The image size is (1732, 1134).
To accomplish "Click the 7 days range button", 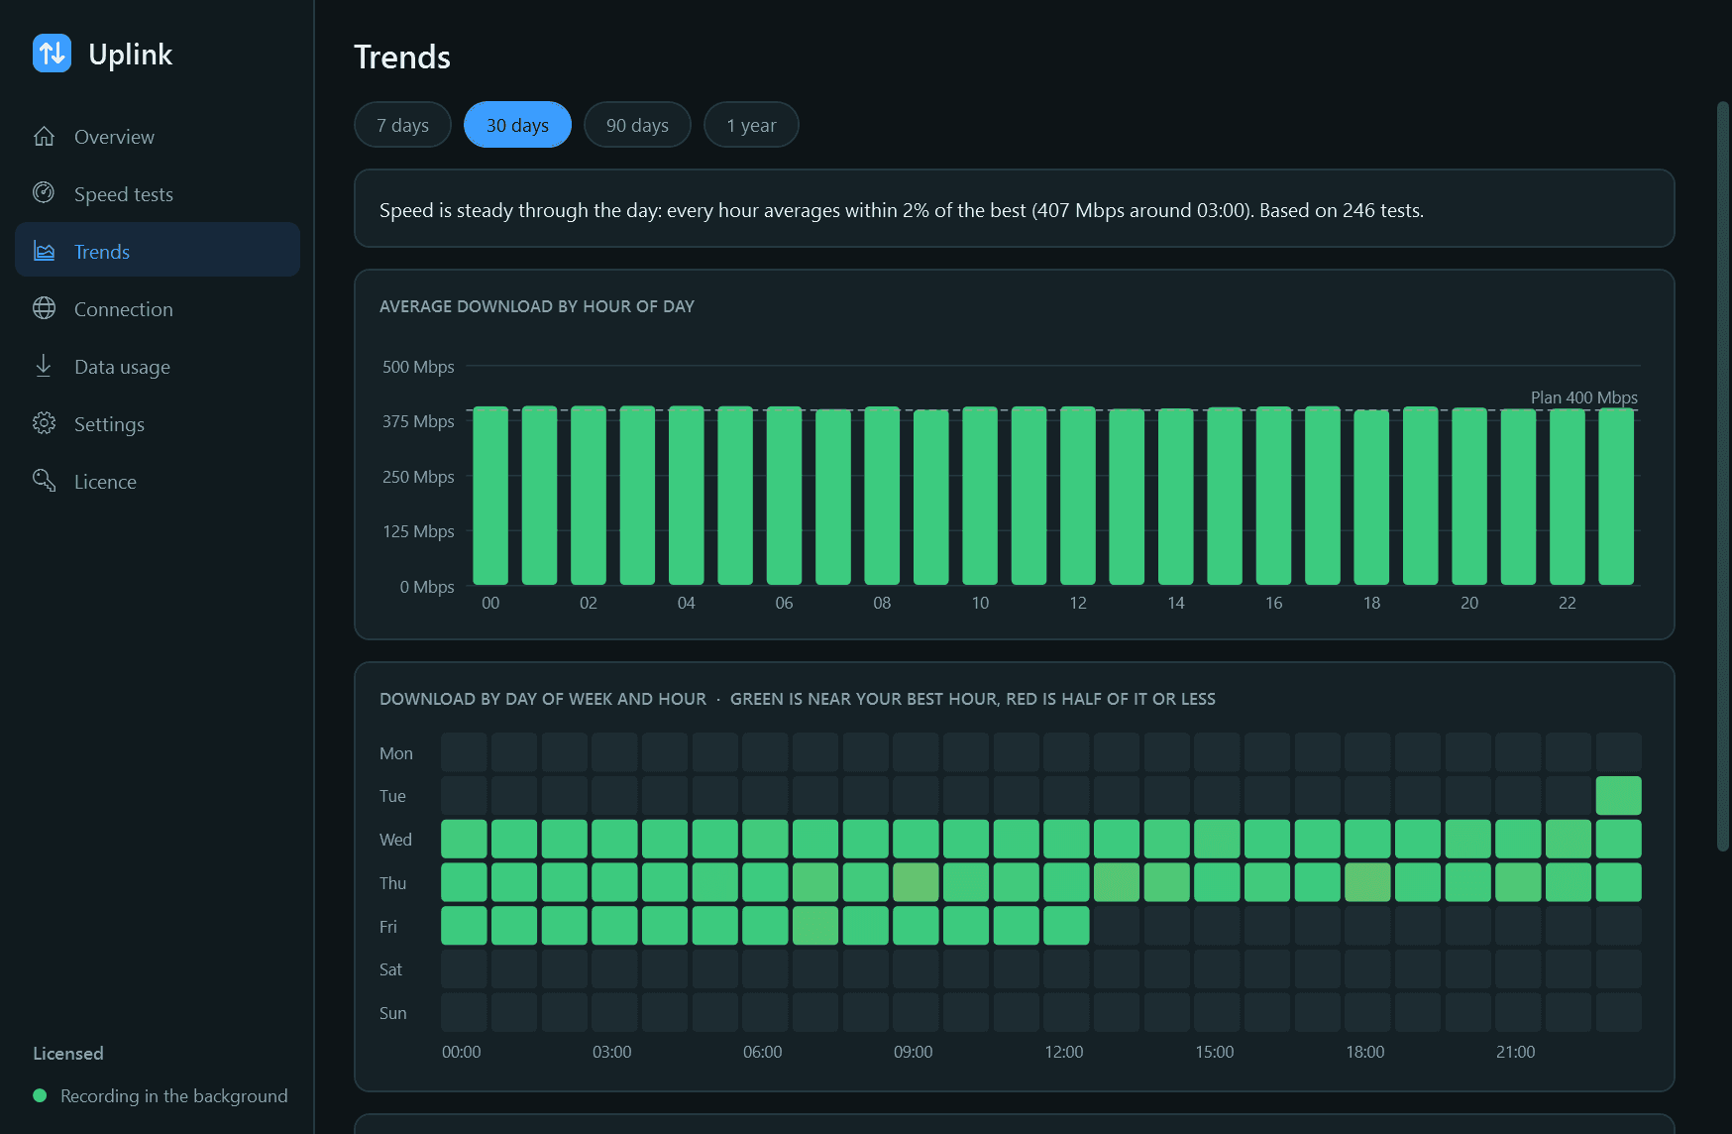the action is click(x=402, y=125).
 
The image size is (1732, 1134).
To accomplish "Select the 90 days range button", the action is click(x=637, y=125).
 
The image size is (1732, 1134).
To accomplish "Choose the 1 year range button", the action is click(x=751, y=125).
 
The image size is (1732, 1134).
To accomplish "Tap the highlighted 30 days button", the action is click(x=517, y=125).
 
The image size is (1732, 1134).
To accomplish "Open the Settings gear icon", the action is click(x=44, y=423).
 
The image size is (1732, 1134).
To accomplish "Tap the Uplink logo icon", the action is click(x=52, y=54).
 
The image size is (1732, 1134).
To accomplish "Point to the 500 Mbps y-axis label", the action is click(x=418, y=367).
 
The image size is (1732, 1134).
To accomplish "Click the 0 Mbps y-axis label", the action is click(x=427, y=587).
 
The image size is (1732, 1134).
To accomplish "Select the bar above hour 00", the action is click(x=490, y=496).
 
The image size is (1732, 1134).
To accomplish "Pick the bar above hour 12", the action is click(x=1078, y=496).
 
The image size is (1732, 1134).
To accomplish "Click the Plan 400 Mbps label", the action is click(x=1584, y=397).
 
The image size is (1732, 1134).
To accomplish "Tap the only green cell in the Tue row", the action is click(x=1619, y=796).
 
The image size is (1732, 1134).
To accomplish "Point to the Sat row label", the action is click(x=390, y=969).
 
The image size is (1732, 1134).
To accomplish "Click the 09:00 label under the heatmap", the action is click(x=914, y=1052).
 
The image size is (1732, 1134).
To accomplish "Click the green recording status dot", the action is click(x=40, y=1095).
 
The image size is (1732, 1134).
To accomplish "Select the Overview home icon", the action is click(x=44, y=136).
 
